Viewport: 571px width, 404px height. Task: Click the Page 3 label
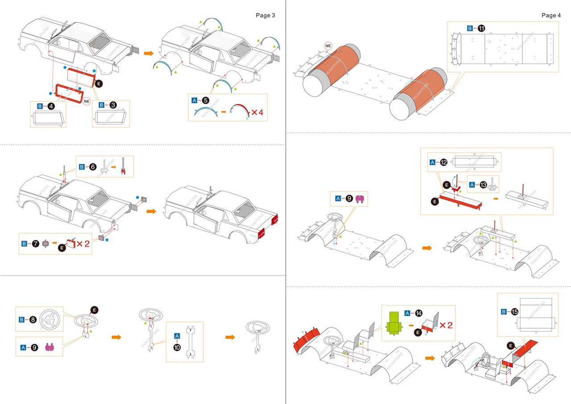pyautogui.click(x=265, y=15)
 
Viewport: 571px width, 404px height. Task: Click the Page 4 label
pyautogui.click(x=551, y=15)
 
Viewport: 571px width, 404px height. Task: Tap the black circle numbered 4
pyautogui.click(x=51, y=106)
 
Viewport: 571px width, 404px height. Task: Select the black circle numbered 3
pyautogui.click(x=113, y=105)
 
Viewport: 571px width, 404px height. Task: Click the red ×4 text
pyautogui.click(x=257, y=112)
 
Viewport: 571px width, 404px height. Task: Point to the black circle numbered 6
pyautogui.click(x=93, y=167)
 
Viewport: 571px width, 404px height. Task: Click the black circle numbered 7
pyautogui.click(x=36, y=244)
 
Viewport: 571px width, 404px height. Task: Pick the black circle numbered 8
pyautogui.click(x=33, y=320)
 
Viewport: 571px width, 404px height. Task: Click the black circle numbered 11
pyautogui.click(x=481, y=29)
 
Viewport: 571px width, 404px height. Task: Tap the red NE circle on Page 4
pyautogui.click(x=328, y=46)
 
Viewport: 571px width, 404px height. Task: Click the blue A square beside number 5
pyautogui.click(x=194, y=100)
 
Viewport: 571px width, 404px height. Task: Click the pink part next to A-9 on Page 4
pyautogui.click(x=360, y=199)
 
